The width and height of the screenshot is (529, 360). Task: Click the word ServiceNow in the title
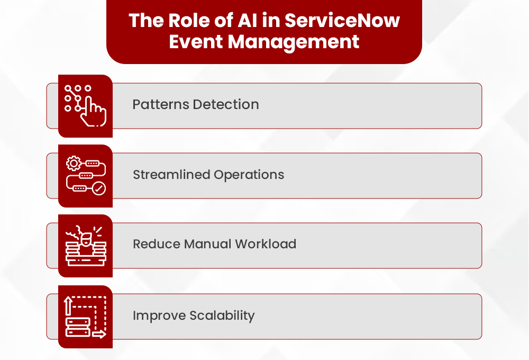pos(342,21)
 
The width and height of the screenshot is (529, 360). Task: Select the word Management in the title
pos(294,41)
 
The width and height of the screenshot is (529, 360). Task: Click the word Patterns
pos(160,104)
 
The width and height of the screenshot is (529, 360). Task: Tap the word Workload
pos(266,244)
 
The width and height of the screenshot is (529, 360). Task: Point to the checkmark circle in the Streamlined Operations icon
pos(99,188)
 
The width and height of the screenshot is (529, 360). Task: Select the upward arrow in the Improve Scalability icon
pos(68,307)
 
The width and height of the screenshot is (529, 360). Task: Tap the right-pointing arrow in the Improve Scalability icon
pos(99,334)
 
